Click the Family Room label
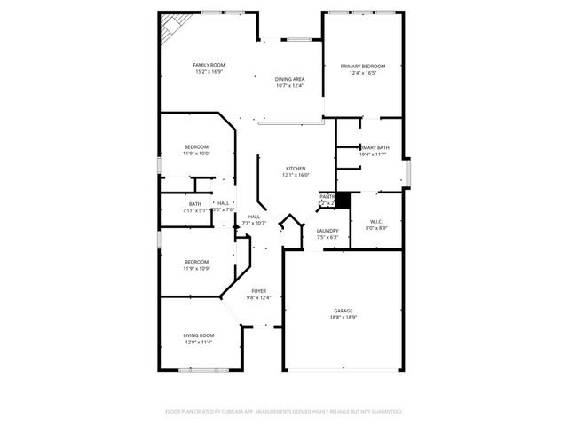click(210, 65)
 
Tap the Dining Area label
click(289, 80)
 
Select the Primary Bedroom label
click(362, 66)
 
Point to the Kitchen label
click(296, 169)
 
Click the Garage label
click(343, 311)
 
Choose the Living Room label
click(199, 335)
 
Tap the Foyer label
click(258, 291)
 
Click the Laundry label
click(327, 231)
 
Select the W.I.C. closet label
click(376, 222)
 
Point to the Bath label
click(194, 204)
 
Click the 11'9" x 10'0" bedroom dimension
click(196, 154)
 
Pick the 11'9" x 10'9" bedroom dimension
click(196, 268)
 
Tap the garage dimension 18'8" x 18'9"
click(343, 318)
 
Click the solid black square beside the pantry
click(343, 201)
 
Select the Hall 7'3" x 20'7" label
click(254, 220)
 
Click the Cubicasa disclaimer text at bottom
click(284, 412)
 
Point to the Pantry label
click(327, 196)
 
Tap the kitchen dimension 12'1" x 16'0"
click(296, 175)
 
